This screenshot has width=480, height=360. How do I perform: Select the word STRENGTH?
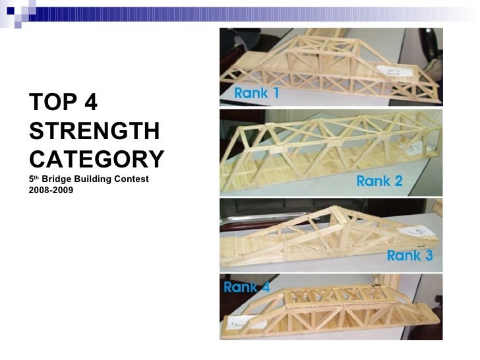pyautogui.click(x=94, y=132)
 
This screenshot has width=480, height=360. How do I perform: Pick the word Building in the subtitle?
pyautogui.click(x=92, y=179)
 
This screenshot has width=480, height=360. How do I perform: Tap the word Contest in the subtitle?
pyautogui.click(x=131, y=179)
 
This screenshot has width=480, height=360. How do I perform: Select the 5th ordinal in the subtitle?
pyautogui.click(x=34, y=179)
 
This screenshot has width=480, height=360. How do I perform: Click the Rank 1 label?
pyautogui.click(x=256, y=94)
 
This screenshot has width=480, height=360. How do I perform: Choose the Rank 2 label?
pyautogui.click(x=379, y=181)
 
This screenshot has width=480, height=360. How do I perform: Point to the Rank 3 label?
pyautogui.click(x=409, y=256)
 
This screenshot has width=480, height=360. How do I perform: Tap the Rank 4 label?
pyautogui.click(x=247, y=287)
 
